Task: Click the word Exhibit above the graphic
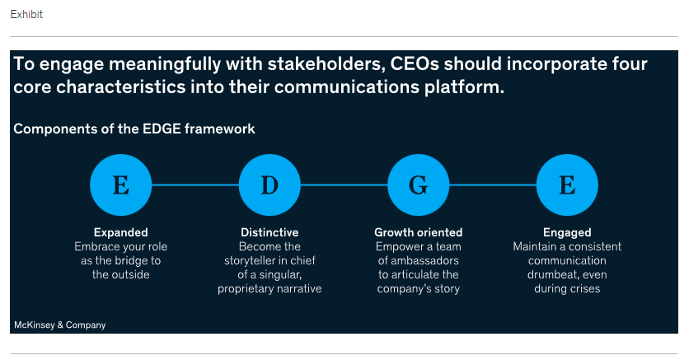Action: [26, 15]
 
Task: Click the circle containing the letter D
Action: [270, 185]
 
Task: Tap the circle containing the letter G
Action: [419, 185]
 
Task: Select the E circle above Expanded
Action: [121, 185]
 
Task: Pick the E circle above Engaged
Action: [567, 185]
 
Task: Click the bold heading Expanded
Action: [121, 232]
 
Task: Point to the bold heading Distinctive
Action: [270, 232]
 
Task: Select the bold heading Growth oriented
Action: [419, 232]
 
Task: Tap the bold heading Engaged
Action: [567, 232]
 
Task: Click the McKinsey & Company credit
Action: [60, 325]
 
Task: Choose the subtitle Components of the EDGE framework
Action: [134, 129]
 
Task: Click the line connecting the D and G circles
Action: [344, 185]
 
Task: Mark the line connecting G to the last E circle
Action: [493, 185]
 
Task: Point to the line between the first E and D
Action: [195, 185]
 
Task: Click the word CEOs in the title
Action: [415, 64]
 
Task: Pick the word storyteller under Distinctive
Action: [251, 260]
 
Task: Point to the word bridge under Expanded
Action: [130, 260]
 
